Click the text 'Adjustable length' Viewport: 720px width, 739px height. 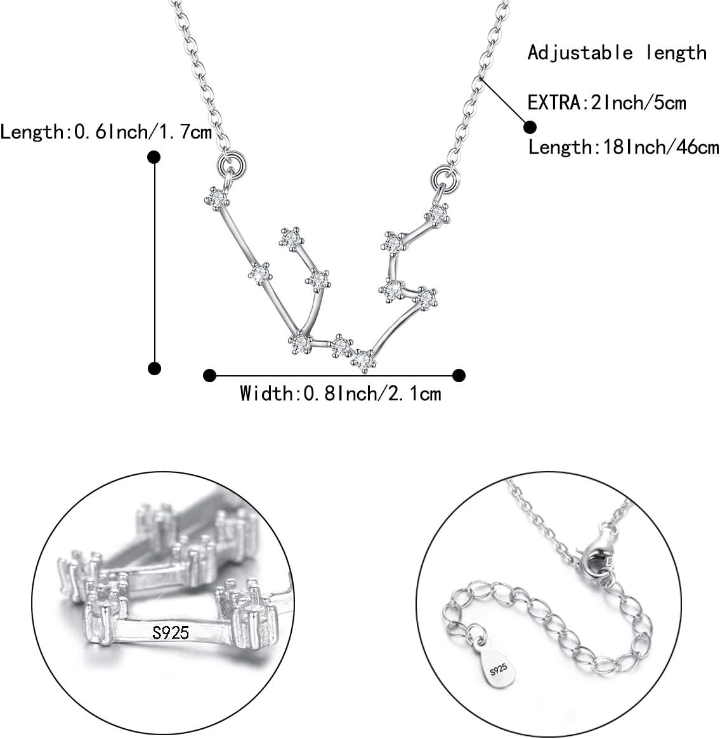pyautogui.click(x=617, y=53)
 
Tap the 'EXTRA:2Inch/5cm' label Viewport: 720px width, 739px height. pyautogui.click(x=606, y=102)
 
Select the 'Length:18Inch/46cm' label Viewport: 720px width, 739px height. pyautogui.click(x=624, y=147)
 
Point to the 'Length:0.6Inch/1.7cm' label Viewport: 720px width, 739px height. pyautogui.click(x=106, y=132)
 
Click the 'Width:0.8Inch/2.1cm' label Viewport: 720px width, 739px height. pyautogui.click(x=340, y=394)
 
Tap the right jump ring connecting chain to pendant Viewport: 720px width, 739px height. pyautogui.click(x=445, y=177)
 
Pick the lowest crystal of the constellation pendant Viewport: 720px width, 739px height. pyautogui.click(x=363, y=360)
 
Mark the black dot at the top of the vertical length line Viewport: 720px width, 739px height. pyautogui.click(x=154, y=157)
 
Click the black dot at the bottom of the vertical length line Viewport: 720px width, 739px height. pyautogui.click(x=154, y=368)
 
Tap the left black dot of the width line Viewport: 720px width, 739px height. pyautogui.click(x=209, y=375)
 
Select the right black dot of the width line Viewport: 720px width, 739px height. pyautogui.click(x=459, y=375)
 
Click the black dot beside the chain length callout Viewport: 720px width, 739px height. pyautogui.click(x=530, y=126)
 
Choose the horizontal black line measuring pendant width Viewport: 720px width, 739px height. pyautogui.click(x=334, y=375)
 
